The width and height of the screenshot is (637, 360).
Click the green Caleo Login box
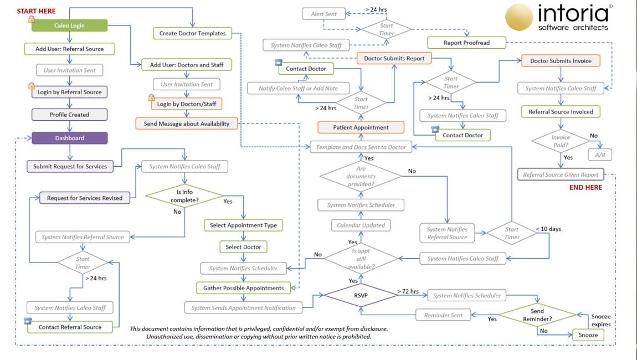pyautogui.click(x=69, y=25)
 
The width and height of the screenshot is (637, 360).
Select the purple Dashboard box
pyautogui.click(x=69, y=138)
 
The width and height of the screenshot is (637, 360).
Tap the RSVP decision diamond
pyautogui.click(x=361, y=296)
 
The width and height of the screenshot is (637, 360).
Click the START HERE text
pyautogui.click(x=36, y=11)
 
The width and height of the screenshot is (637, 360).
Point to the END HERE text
pyautogui.click(x=585, y=187)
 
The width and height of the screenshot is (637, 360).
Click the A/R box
pyautogui.click(x=600, y=155)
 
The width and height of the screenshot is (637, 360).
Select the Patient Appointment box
pyautogui.click(x=361, y=127)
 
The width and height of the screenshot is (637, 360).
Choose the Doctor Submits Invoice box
pyautogui.click(x=561, y=61)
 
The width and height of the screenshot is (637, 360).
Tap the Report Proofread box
pyautogui.click(x=466, y=43)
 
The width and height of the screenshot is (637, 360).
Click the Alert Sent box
pyautogui.click(x=323, y=14)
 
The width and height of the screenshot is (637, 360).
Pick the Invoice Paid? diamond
pyautogui.click(x=561, y=141)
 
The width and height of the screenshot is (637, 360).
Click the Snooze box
pyautogui.click(x=588, y=335)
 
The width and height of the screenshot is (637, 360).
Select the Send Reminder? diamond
pyautogui.click(x=537, y=315)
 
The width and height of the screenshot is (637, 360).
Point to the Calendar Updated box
pyautogui.click(x=361, y=225)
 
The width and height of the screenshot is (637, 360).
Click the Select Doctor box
pyautogui.click(x=243, y=247)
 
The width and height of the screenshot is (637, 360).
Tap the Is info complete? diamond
pyautogui.click(x=184, y=196)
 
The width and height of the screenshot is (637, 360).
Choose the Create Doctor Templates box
pyautogui.click(x=192, y=33)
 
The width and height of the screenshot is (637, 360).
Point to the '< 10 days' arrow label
pyautogui.click(x=548, y=229)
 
